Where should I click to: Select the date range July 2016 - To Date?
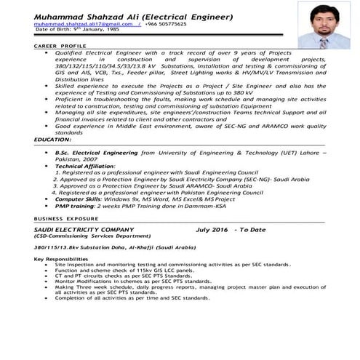(231, 229)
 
